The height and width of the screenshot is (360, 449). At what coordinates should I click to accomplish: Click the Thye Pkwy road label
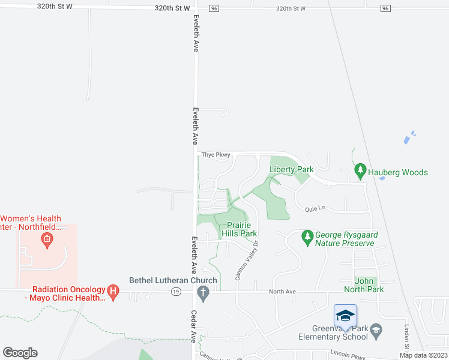[x=216, y=155]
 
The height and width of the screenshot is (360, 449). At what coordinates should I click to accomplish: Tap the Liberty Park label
[x=292, y=170]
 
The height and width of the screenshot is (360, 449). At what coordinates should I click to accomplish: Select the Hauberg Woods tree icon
[x=360, y=172]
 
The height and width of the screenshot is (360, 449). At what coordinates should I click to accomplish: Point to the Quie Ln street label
[x=315, y=209]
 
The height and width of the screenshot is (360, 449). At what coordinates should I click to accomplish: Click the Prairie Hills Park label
[x=239, y=229]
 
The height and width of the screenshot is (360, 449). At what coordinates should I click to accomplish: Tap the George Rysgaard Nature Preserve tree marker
[x=308, y=236]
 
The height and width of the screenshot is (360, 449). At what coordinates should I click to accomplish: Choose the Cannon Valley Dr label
[x=247, y=260]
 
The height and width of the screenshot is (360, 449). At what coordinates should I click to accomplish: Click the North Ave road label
[x=282, y=292]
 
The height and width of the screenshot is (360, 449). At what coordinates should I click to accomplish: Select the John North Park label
[x=364, y=284]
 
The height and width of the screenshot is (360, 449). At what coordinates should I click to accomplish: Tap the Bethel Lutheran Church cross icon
[x=203, y=293]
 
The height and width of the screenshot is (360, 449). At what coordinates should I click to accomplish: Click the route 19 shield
[x=175, y=292]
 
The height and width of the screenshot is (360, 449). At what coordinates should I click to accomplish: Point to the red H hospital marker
[x=113, y=293]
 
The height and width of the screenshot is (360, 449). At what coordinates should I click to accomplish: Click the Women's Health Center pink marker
[x=46, y=241]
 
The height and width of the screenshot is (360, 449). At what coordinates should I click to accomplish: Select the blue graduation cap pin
[x=345, y=316]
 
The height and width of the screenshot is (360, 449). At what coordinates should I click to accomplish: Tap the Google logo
[x=20, y=353]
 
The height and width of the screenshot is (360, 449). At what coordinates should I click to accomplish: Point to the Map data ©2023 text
[x=423, y=355]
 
